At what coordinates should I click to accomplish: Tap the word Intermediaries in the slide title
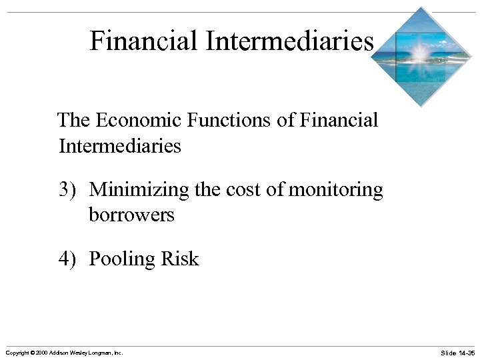[x=290, y=41]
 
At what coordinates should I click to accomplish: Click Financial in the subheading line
[x=339, y=121]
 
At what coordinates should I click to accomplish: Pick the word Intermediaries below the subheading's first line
[x=120, y=145]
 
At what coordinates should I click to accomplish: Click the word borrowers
[x=131, y=215]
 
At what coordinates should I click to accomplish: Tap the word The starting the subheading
[x=74, y=121]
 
